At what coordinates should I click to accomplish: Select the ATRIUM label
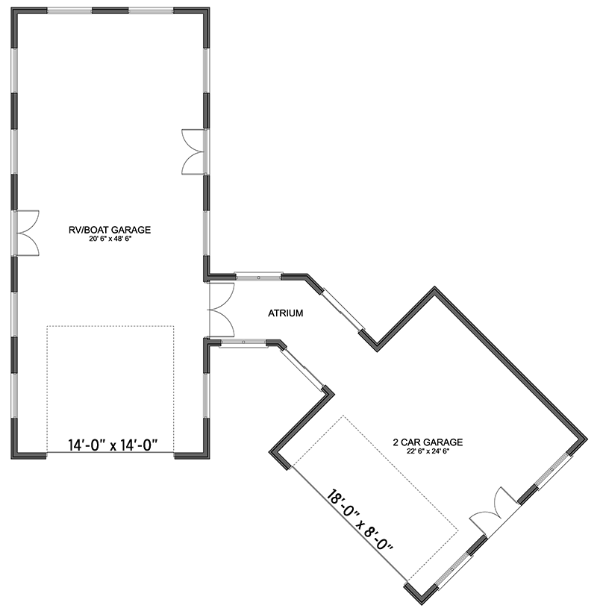pyautogui.click(x=285, y=314)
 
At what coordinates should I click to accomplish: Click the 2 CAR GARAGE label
pyautogui.click(x=428, y=442)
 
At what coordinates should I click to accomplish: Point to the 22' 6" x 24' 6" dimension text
pyautogui.click(x=428, y=451)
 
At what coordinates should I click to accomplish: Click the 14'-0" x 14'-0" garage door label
pyautogui.click(x=110, y=446)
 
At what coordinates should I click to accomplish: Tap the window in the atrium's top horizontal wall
pyautogui.click(x=257, y=275)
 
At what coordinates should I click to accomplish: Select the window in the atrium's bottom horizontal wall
pyautogui.click(x=245, y=343)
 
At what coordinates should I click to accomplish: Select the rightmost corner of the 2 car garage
pyautogui.click(x=584, y=439)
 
